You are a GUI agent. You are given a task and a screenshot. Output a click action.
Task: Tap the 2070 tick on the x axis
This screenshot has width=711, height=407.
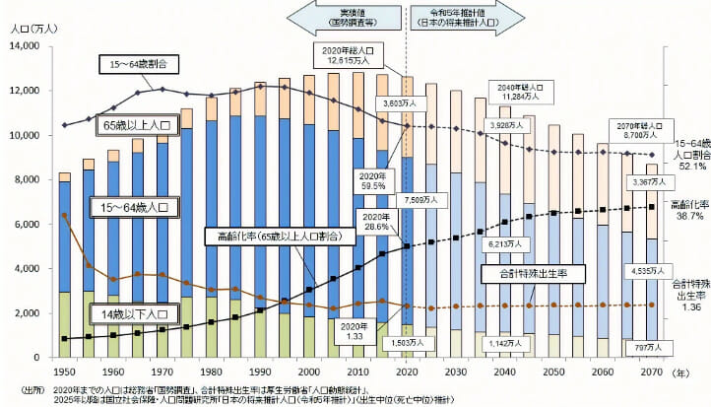point(652,373)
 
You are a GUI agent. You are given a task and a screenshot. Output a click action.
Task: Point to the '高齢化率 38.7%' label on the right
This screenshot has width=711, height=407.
point(688,209)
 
